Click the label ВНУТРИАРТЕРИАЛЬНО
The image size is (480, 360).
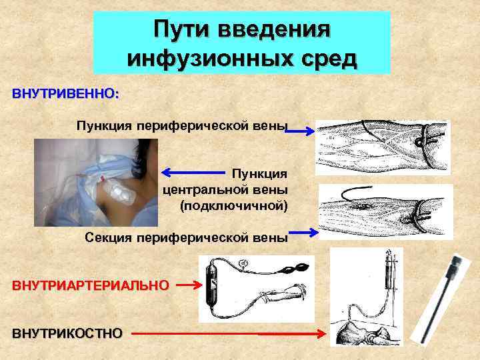[90, 285]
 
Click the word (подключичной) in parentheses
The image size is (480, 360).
[234, 205]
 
